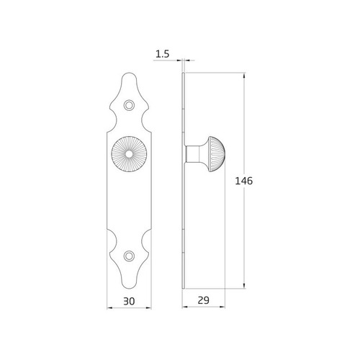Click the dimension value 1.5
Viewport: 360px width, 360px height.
click(x=161, y=53)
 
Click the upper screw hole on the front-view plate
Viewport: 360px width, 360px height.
click(x=129, y=105)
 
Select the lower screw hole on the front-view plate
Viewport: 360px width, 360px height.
click(x=129, y=256)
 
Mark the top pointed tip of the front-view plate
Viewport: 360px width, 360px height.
click(x=129, y=73)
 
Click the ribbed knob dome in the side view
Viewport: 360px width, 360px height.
click(x=217, y=154)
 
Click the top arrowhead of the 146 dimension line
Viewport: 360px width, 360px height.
click(x=246, y=76)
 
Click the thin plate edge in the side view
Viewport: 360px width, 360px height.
click(x=184, y=216)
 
